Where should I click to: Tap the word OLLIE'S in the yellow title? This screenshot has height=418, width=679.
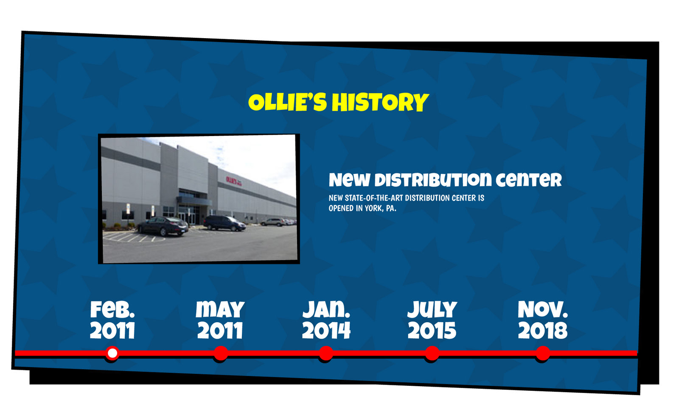tap(287, 102)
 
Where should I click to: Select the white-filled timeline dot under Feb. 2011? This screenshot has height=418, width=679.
tap(112, 353)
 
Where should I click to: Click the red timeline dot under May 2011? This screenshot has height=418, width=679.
tap(221, 353)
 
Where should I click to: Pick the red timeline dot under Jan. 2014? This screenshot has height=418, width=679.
tap(326, 353)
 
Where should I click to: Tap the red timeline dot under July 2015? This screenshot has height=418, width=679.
tap(432, 353)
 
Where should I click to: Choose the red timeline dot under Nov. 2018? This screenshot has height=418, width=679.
tap(543, 353)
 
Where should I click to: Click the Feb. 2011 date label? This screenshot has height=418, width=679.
tap(112, 320)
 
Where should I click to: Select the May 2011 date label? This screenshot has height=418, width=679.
tap(220, 320)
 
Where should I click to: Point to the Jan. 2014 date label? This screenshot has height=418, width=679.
tap(326, 320)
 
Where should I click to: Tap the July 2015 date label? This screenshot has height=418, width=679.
tap(432, 320)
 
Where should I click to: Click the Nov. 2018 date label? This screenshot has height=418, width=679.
tap(543, 320)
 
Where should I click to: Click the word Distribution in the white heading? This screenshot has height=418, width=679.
tap(433, 180)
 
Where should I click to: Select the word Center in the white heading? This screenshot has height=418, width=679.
tap(529, 180)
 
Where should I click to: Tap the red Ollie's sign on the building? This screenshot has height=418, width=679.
tap(234, 181)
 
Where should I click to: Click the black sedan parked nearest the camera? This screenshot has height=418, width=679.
tap(163, 226)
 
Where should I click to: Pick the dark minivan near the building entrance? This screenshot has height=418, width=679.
tap(224, 223)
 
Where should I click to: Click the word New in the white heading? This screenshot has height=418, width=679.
tap(350, 180)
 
